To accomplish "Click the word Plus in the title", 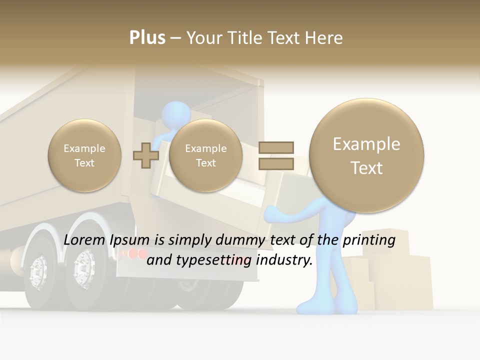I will tap(147, 38).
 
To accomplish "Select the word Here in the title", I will tap(325, 38).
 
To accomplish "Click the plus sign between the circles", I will tap(145, 155).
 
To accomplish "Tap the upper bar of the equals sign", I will tap(275, 147).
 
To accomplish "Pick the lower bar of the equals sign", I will tap(275, 163).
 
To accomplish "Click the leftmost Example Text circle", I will tap(84, 155).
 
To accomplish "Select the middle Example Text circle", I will tap(205, 155).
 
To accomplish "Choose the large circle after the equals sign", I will tap(366, 155).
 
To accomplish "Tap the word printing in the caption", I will tap(368, 240).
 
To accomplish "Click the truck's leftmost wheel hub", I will tap(37, 272).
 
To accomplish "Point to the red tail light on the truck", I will tap(132, 254).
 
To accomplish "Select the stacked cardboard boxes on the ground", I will tap(395, 280).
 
